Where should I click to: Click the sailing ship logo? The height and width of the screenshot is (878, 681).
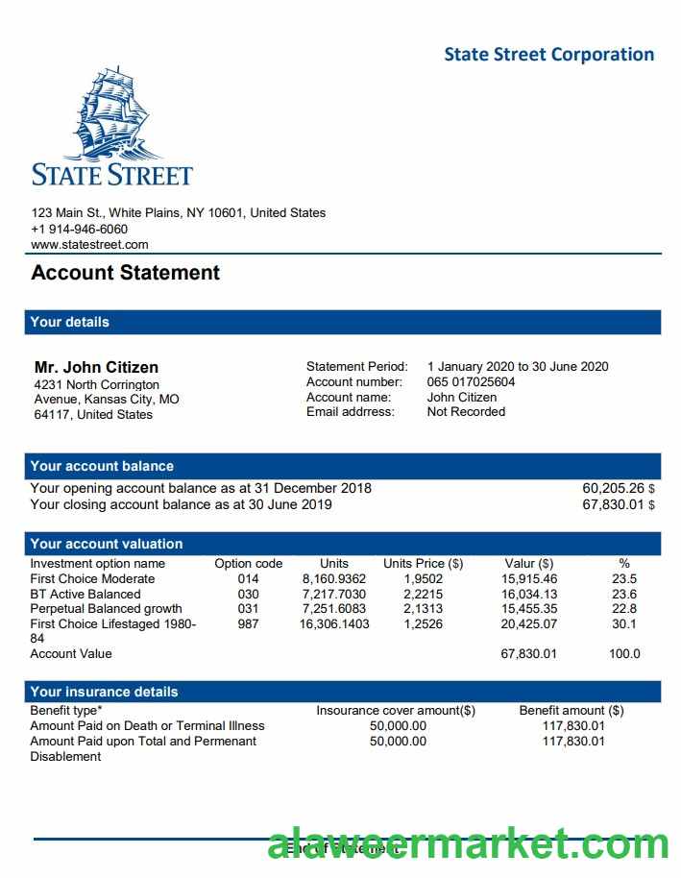click(113, 112)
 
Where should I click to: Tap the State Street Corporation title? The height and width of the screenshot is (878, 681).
click(548, 54)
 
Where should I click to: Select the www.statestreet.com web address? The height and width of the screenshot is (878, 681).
click(90, 245)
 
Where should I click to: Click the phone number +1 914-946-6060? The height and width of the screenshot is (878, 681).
click(80, 229)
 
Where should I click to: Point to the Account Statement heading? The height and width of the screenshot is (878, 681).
click(126, 273)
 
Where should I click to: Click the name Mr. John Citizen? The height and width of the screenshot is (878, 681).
click(97, 367)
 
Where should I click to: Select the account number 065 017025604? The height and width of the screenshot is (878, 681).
click(471, 381)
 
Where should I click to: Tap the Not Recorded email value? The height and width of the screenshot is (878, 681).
click(466, 411)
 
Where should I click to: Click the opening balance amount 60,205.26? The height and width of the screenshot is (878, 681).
click(613, 488)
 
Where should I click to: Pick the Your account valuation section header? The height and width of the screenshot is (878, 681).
click(107, 544)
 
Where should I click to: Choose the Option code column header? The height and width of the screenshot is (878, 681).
click(248, 564)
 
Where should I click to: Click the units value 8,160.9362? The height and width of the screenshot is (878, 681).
click(334, 579)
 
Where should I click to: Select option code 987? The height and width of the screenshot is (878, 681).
click(248, 623)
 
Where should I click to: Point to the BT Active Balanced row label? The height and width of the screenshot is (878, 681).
click(85, 594)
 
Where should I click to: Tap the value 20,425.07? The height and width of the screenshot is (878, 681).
click(529, 623)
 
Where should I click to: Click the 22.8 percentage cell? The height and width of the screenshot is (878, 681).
click(624, 608)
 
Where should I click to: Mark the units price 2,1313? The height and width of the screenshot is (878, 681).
click(423, 608)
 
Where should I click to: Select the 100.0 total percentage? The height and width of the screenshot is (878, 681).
click(624, 653)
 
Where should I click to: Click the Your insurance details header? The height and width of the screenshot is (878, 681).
click(104, 692)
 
